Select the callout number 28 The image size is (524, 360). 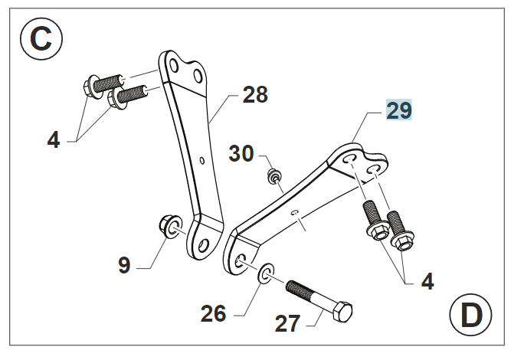click(x=255, y=95)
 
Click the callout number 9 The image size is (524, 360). click(x=124, y=265)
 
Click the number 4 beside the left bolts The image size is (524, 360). click(x=53, y=140)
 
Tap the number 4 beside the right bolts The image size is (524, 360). click(x=427, y=281)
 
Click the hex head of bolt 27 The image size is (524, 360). click(x=342, y=313)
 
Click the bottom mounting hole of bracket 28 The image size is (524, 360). click(x=203, y=247)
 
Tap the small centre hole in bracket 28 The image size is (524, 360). click(x=201, y=161)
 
